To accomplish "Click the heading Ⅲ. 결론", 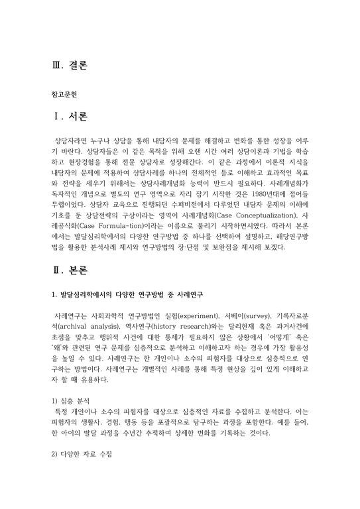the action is pos(69,66).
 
